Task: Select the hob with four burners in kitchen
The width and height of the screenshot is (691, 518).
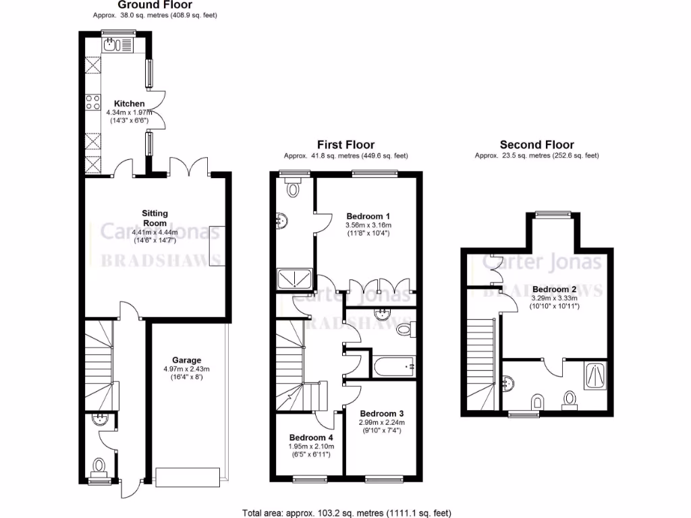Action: tap(92, 103)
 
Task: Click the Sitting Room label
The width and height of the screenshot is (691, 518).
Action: tap(155, 218)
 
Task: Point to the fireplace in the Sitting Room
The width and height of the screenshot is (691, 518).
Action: tap(217, 244)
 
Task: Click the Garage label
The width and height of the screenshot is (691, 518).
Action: tap(186, 360)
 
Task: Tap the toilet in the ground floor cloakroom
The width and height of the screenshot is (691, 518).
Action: tap(100, 466)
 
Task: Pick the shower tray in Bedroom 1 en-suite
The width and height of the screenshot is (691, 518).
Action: tap(295, 277)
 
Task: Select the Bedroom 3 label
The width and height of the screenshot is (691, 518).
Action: tap(381, 413)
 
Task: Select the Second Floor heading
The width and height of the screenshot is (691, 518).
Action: tap(536, 144)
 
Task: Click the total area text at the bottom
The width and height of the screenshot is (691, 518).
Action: tap(347, 512)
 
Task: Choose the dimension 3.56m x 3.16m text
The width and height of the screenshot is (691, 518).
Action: tap(368, 225)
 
